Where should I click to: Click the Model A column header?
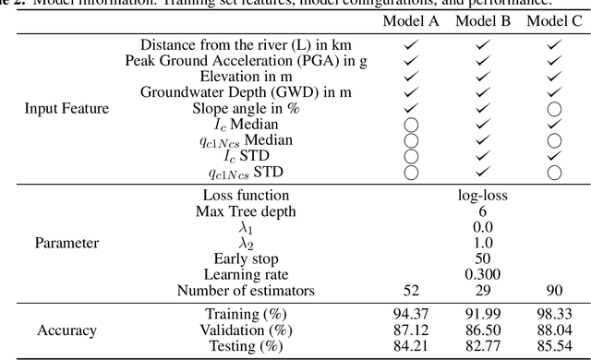pos(412,21)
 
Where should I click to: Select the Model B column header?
pos(484,21)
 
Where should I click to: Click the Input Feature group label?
pos(66,108)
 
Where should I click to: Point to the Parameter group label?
pos(66,244)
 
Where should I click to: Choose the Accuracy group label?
pos(66,330)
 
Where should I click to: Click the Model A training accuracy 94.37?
pos(412,314)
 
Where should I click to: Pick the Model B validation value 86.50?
pos(484,330)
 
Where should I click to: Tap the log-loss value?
pos(484,195)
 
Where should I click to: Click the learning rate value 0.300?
pos(484,274)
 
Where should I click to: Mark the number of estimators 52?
pos(412,291)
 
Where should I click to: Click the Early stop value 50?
pos(484,258)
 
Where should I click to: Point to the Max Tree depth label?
pos(245,210)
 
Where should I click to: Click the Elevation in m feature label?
pos(245,76)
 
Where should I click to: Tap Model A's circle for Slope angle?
pos(412,108)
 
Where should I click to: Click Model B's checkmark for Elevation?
pos(484,76)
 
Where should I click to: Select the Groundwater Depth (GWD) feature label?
pos(245,92)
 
